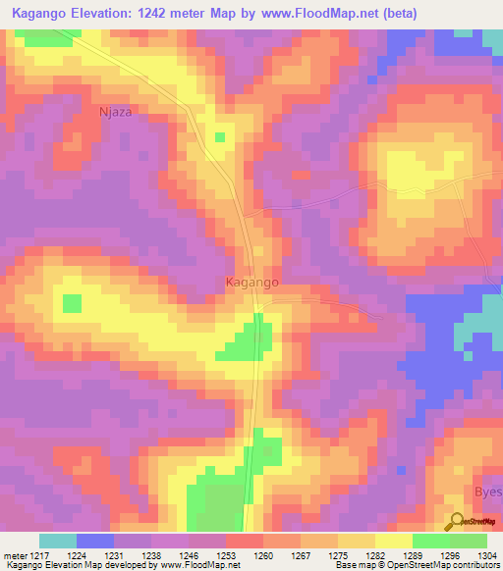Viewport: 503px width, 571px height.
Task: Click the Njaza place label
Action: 115,112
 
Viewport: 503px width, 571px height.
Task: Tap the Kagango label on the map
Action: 252,282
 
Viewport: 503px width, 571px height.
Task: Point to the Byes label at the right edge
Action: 488,495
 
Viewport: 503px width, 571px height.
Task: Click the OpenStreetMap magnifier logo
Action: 454,522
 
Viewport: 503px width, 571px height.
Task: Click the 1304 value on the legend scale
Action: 486,554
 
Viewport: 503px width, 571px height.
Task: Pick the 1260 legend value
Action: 262,554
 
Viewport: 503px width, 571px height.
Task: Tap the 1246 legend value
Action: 189,554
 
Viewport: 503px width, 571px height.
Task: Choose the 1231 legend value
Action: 114,554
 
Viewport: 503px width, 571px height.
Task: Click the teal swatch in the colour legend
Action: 58,541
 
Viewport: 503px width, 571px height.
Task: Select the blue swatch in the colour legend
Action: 95,541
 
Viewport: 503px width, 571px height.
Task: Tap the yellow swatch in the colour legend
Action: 393,541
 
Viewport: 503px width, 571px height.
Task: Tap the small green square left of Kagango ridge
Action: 72,303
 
